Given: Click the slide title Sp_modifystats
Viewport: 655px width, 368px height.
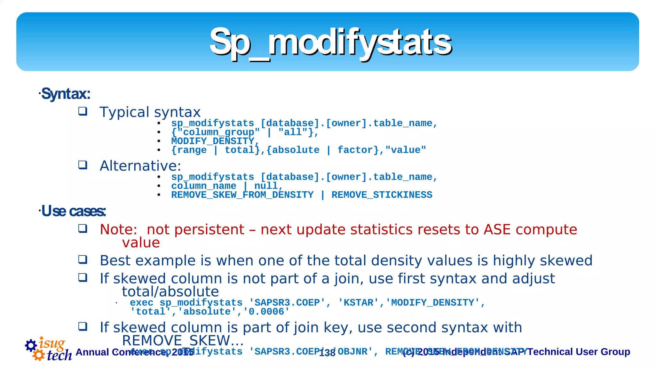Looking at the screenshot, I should pyautogui.click(x=330, y=42).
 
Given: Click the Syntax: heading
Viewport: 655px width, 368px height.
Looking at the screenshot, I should pyautogui.click(x=66, y=94).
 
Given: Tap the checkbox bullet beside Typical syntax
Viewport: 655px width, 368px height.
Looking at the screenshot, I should pyautogui.click(x=83, y=111).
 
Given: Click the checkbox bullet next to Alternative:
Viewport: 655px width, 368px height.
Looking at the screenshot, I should pyautogui.click(x=83, y=165).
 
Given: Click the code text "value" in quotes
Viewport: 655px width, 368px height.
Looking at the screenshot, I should pyautogui.click(x=406, y=150).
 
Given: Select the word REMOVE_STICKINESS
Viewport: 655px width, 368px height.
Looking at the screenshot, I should pyautogui.click(x=382, y=195).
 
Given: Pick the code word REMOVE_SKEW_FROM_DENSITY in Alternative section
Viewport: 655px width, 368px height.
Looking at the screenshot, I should pyautogui.click(x=242, y=195).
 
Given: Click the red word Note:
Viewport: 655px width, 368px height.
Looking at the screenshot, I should pyautogui.click(x=118, y=230).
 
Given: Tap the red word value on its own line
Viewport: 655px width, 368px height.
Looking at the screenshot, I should pyautogui.click(x=141, y=243).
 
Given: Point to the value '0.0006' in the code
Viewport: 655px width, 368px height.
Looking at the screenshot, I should pyautogui.click(x=266, y=312).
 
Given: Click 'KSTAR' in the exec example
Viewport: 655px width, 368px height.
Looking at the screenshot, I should pyautogui.click(x=358, y=303).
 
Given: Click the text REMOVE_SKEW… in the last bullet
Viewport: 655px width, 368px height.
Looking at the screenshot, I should pyautogui.click(x=183, y=340).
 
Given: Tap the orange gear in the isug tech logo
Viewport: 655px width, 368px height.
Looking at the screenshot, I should pyautogui.click(x=39, y=355).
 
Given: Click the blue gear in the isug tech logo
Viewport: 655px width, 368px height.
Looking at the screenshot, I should pyautogui.click(x=31, y=345).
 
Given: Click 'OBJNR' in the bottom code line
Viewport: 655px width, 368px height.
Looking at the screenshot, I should pyautogui.click(x=352, y=352).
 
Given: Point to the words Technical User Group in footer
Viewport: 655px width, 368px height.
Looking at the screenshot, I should pyautogui.click(x=579, y=352).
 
